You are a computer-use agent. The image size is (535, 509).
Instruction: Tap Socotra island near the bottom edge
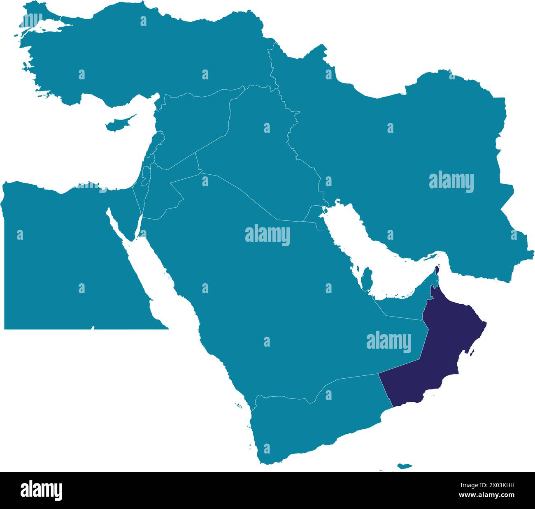click(404, 466)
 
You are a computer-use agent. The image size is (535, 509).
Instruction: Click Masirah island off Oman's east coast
click(473, 352)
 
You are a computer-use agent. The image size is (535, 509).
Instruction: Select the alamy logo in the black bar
click(41, 490)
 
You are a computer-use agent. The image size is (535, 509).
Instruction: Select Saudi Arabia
click(267, 288)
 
